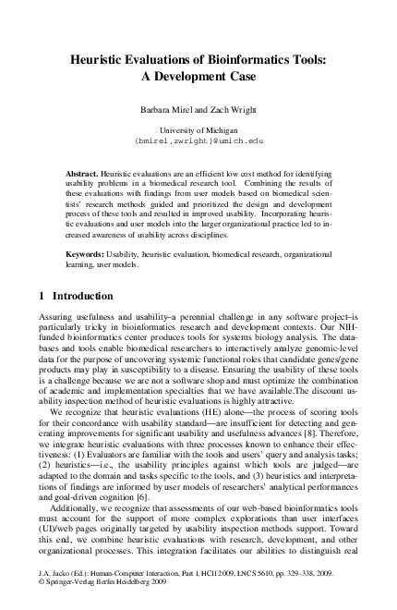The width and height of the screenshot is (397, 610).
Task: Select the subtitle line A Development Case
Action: (198, 78)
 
